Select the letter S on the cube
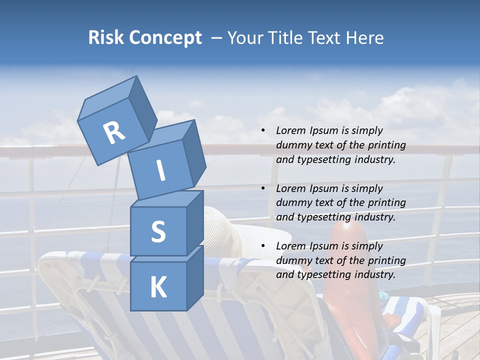(158, 231)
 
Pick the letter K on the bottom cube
(158, 287)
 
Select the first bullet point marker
(263, 131)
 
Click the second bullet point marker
(263, 188)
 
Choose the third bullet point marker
(263, 246)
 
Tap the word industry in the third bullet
(374, 274)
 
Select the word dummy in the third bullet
(292, 260)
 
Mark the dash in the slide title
(217, 38)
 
